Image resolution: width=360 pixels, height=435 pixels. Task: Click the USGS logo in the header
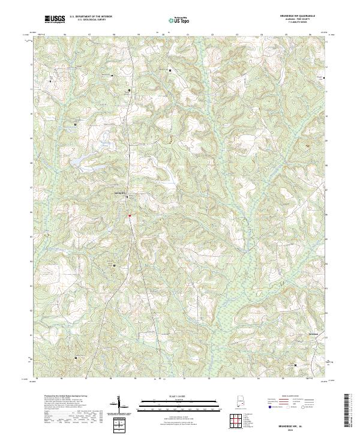coord(55,19)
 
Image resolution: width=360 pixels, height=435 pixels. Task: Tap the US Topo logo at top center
coord(180,20)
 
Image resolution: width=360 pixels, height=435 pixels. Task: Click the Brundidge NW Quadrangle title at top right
coord(305,17)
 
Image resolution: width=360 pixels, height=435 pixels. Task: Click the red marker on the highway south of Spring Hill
coord(129,216)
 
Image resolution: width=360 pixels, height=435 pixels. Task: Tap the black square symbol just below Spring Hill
coord(127,197)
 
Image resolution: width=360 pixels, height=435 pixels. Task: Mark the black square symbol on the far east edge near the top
coord(325,78)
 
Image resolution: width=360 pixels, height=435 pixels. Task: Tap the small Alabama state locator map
coord(239,406)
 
